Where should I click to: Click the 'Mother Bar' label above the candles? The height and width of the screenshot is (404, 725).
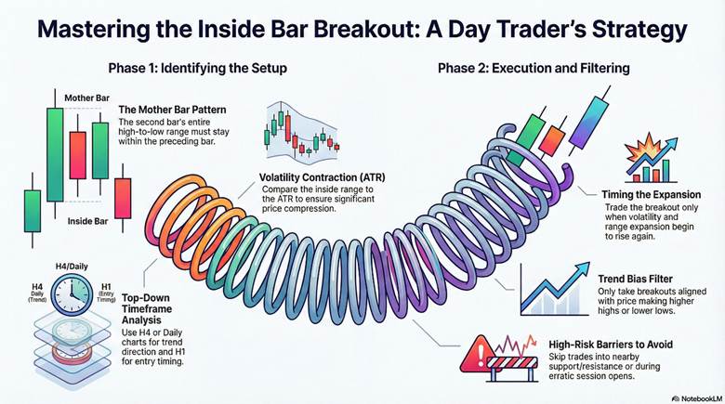tap(86, 97)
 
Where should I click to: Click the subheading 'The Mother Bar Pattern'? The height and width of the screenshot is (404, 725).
tap(172, 110)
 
